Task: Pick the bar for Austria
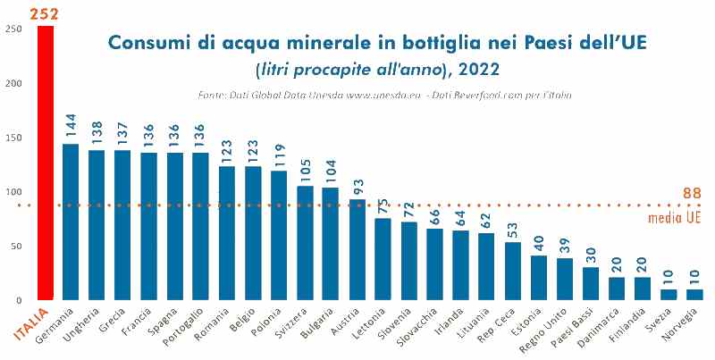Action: [x=357, y=249]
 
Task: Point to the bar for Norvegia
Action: [x=694, y=294]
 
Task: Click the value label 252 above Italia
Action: [x=45, y=13]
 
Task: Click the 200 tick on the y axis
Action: [x=13, y=83]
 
